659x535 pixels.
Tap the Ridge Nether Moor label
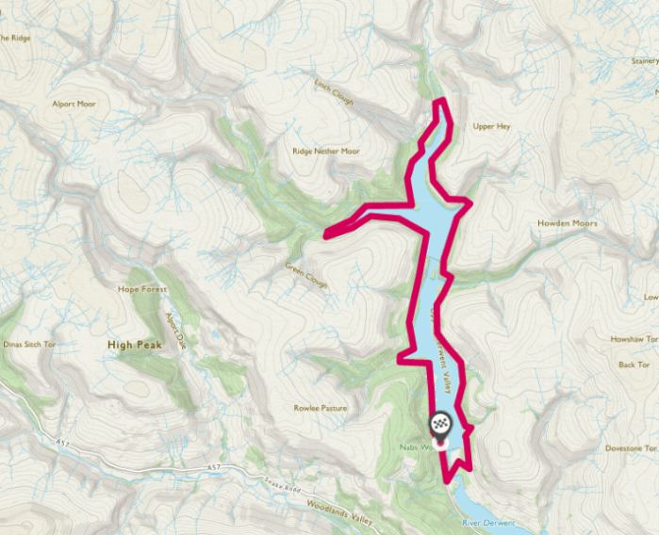coord(325,151)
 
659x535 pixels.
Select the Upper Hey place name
coord(490,126)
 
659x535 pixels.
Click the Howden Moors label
coord(568,223)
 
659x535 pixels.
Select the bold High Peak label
coord(135,345)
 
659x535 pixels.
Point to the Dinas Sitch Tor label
coord(28,345)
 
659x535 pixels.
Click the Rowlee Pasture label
coord(320,408)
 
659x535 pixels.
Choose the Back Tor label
coord(634,364)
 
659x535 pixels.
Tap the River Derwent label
coord(486,521)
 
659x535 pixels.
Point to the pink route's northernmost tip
coord(438,100)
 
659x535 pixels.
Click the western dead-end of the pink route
coord(326,235)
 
